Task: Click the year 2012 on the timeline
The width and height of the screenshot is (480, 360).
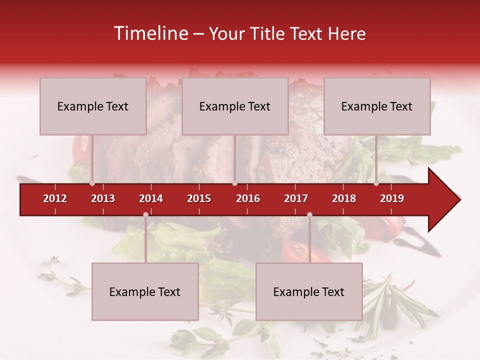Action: tap(55, 198)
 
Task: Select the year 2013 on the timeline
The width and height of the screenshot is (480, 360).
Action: tap(103, 198)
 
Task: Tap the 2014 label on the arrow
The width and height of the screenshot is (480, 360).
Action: tap(151, 198)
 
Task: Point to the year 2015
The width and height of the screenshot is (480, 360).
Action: tap(199, 198)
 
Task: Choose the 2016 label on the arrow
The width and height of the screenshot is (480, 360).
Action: tap(248, 198)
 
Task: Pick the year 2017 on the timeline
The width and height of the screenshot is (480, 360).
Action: tap(296, 198)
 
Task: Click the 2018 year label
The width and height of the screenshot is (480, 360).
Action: tap(344, 198)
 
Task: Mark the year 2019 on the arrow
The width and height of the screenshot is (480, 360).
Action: tap(392, 198)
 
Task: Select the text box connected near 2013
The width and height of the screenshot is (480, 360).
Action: tap(93, 106)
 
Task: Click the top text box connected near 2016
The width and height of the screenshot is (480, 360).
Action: tap(235, 106)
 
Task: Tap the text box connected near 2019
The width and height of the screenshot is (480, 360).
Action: tap(377, 106)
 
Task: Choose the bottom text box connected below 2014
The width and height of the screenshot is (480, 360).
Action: tap(145, 292)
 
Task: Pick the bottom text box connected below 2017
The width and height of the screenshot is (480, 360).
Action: tap(309, 292)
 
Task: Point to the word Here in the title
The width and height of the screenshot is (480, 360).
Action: tap(346, 34)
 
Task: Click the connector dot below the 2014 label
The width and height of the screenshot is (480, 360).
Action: tap(145, 215)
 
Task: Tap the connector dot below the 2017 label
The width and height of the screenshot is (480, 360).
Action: tap(309, 215)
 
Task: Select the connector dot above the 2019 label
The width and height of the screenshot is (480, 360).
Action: tap(376, 183)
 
